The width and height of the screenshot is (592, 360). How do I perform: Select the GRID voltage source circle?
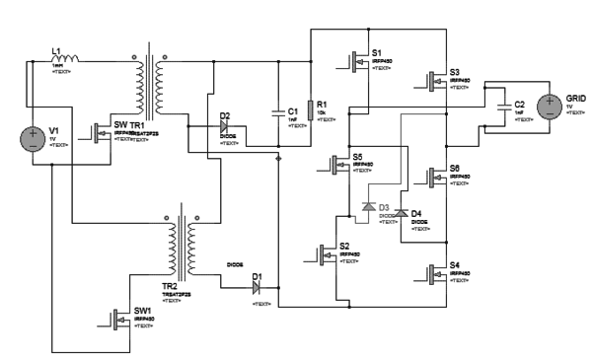pos(549,107)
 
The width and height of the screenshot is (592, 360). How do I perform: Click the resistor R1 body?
pos(309,108)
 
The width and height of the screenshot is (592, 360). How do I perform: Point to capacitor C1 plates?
pos(279,113)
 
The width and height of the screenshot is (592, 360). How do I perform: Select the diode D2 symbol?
pos(225,128)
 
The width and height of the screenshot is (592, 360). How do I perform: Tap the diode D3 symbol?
pos(368,208)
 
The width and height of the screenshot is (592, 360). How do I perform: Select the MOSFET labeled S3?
pos(436,81)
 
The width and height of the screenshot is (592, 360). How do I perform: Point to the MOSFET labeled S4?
pos(436,274)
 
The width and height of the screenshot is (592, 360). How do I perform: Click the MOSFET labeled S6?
pos(436,178)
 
